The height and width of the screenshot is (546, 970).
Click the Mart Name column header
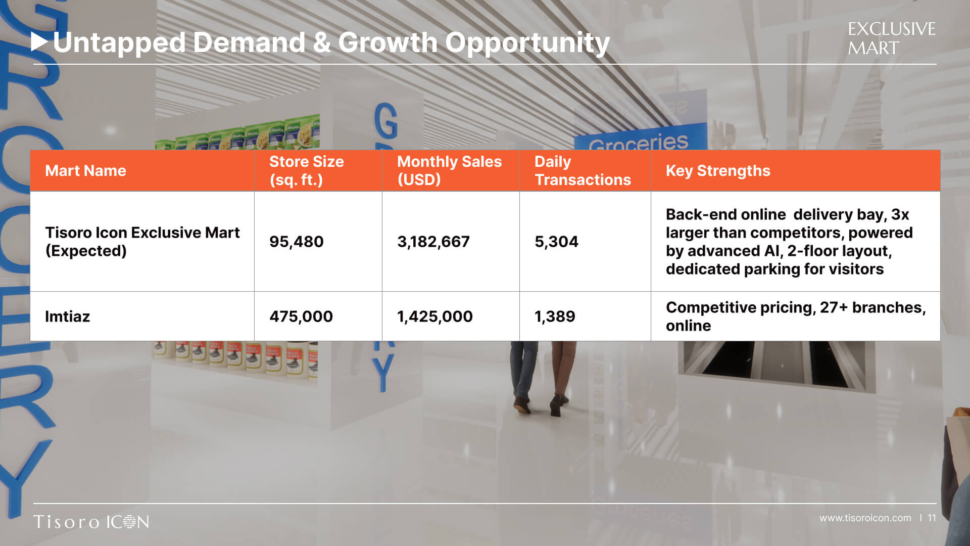[x=85, y=171]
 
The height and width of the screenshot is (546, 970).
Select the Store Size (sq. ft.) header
[x=306, y=171]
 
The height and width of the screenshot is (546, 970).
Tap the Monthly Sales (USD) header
[x=449, y=171]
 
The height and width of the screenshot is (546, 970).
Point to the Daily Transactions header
[x=583, y=171]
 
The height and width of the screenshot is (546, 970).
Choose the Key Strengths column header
[x=718, y=171]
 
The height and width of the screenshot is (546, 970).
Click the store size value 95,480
[x=296, y=242]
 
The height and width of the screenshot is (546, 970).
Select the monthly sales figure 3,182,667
[x=433, y=242]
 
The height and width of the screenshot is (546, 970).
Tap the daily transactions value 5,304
[x=556, y=242]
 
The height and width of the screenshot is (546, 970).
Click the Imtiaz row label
[x=67, y=316]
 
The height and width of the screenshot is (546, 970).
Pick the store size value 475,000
[x=301, y=316]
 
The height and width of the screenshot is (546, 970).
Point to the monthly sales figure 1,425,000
[x=435, y=316]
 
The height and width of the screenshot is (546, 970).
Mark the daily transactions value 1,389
[x=555, y=316]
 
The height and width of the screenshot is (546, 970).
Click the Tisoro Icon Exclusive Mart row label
[x=142, y=242]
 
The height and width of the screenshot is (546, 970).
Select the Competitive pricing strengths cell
[x=796, y=316]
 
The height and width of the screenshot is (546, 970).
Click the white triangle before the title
[x=39, y=42]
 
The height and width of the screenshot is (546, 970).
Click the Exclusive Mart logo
[x=891, y=38]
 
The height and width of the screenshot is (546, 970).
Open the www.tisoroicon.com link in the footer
[x=865, y=518]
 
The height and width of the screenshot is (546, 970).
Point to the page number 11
[x=932, y=518]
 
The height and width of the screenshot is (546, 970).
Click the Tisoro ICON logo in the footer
[x=91, y=522]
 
